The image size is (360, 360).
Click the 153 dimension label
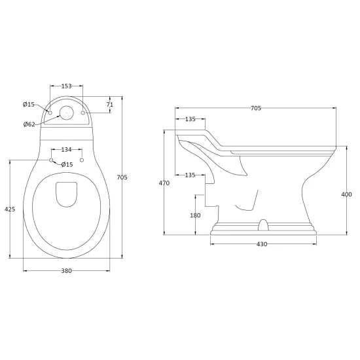point(67,86)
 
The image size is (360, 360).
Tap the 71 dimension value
point(110,105)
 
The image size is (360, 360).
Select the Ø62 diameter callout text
point(29,124)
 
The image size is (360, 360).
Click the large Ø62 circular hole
point(67,113)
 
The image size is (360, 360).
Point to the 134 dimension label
point(67,150)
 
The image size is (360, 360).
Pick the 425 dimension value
point(10,209)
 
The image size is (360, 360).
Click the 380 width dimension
point(67,271)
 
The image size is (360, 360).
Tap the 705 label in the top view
point(122,177)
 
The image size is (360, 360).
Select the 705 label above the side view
point(256,108)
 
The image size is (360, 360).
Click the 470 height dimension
point(164,183)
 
